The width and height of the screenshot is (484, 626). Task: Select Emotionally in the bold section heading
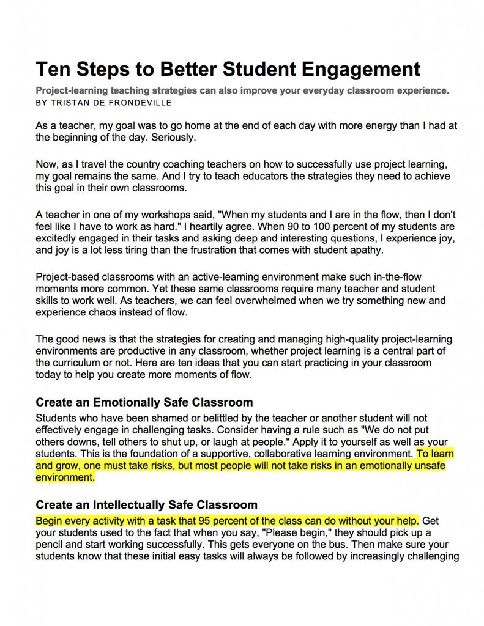point(130,403)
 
